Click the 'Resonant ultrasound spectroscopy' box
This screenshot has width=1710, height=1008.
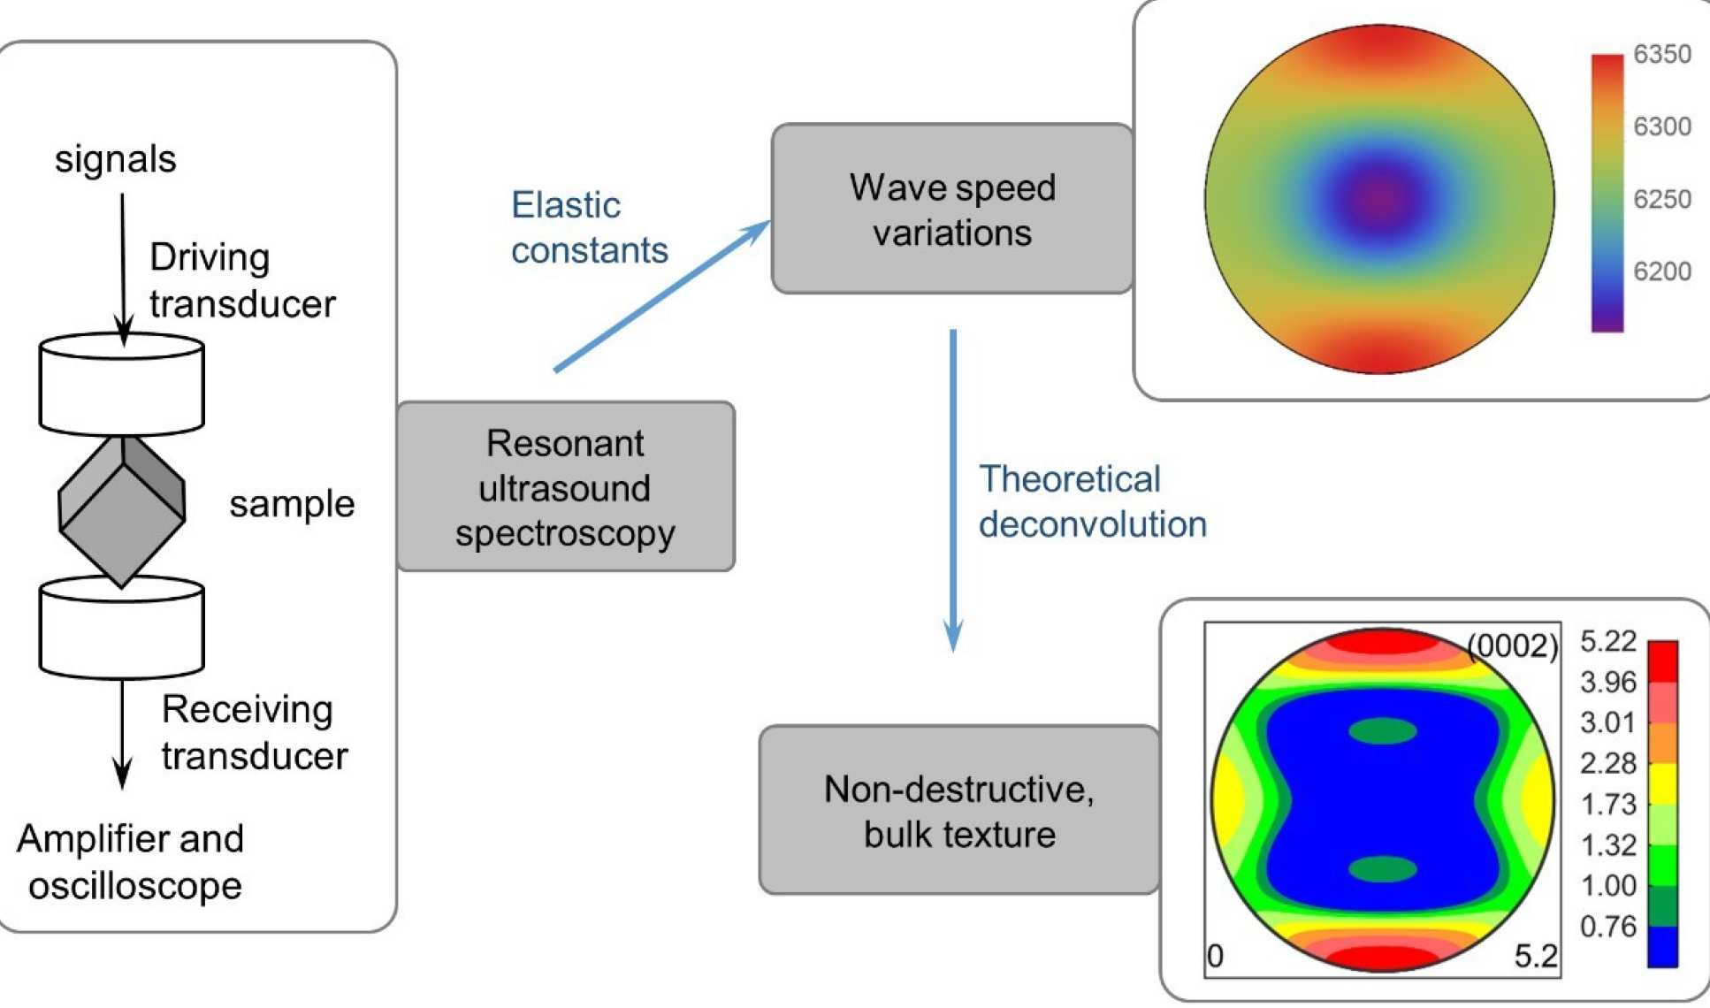pos(566,487)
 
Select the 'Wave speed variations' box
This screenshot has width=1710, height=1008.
pos(952,210)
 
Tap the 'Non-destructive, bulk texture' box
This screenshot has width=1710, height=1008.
pos(959,811)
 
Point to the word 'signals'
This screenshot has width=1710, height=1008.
pos(115,160)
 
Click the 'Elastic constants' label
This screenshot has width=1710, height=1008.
pos(589,228)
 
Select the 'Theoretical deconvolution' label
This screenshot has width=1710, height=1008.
pos(1092,502)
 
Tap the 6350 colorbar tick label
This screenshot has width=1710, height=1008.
pos(1661,55)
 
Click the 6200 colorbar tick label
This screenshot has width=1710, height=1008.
pos(1661,271)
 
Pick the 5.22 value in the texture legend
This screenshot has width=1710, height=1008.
pos(1608,641)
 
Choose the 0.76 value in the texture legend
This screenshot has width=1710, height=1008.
pos(1608,927)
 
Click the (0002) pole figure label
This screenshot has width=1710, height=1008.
pos(1513,646)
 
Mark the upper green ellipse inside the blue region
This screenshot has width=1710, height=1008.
pos(1383,731)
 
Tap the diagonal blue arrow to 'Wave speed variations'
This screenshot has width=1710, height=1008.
pos(659,297)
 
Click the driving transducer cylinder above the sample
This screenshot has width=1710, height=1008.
pos(122,385)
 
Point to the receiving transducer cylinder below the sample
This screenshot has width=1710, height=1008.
pos(122,628)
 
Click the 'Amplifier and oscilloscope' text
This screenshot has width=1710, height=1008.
pos(131,862)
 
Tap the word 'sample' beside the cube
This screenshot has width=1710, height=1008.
pos(292,505)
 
